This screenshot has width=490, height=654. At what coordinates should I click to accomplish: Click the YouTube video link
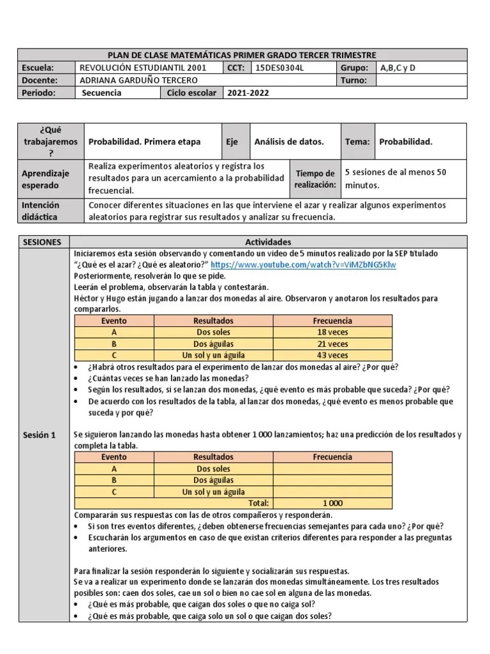pos(303,264)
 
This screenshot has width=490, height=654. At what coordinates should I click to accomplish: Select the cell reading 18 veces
pos(332,332)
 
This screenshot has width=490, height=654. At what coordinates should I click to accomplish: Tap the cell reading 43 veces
pos(332,355)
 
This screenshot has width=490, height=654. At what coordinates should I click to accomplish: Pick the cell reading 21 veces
pos(332,344)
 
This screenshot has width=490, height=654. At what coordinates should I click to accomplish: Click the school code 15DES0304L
pos(280,68)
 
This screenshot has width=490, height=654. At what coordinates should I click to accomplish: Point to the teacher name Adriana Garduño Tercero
pos(137,80)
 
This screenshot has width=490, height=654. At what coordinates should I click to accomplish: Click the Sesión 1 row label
pos(40,435)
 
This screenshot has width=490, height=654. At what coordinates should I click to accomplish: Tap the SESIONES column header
pos(42,242)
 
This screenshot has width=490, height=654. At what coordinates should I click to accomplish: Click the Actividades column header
pos(268,242)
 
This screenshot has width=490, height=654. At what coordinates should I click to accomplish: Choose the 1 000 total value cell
pos(332,503)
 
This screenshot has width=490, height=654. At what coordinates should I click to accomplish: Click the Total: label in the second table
pos(258,503)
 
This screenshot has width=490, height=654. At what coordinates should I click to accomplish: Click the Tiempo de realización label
pos(315,179)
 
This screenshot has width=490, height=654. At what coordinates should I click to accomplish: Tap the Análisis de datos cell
pos(289,142)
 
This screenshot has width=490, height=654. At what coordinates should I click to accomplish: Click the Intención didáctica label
pos(41,211)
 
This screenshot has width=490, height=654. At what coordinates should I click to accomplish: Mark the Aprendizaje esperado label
pos(45,179)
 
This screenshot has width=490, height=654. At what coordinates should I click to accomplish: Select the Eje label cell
pos(231,142)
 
